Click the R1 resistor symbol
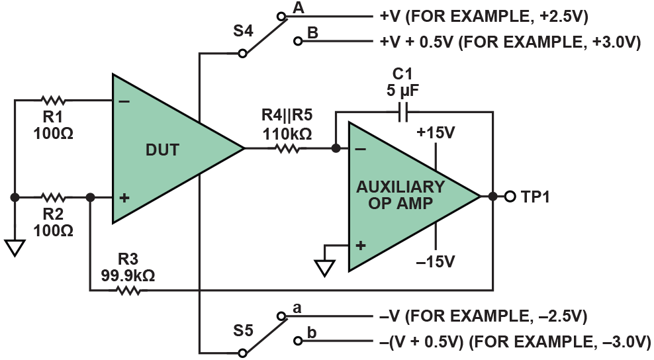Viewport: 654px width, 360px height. (x=53, y=101)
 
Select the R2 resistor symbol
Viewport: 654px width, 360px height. (x=53, y=197)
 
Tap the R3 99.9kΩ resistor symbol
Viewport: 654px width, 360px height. (x=128, y=290)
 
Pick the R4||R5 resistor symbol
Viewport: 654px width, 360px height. (x=287, y=149)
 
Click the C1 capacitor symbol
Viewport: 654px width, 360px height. (x=404, y=112)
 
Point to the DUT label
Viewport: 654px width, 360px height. (x=162, y=150)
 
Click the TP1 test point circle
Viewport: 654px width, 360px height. (x=510, y=197)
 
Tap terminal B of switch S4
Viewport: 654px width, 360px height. (x=297, y=41)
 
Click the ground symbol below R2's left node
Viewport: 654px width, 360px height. (x=14, y=247)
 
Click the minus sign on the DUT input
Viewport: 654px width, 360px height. (x=124, y=101)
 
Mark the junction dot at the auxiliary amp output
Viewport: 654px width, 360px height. (x=492, y=197)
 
